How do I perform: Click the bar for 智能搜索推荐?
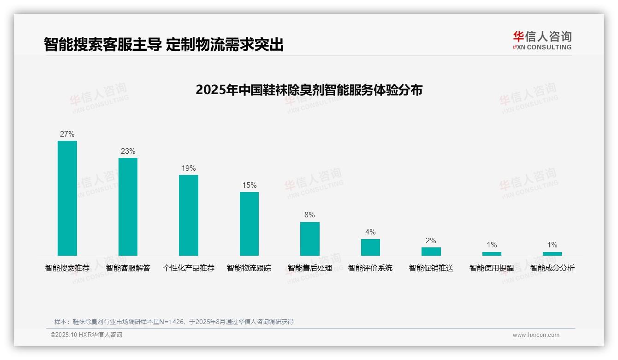click(67, 198)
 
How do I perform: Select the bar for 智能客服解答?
click(128, 207)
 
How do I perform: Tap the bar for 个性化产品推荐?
click(189, 215)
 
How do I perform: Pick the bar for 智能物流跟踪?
click(249, 224)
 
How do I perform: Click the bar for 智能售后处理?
click(309, 239)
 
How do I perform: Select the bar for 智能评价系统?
click(370, 247)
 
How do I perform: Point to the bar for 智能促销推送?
click(431, 252)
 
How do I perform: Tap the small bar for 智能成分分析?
click(552, 254)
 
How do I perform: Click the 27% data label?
click(67, 134)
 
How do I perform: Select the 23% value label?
click(128, 151)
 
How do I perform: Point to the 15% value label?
click(249, 186)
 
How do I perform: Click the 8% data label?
click(309, 215)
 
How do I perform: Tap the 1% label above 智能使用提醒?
click(492, 245)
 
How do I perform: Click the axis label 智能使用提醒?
click(492, 268)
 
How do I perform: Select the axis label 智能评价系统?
click(370, 268)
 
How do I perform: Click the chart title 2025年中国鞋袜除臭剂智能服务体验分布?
click(309, 90)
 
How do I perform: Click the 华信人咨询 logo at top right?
click(542, 40)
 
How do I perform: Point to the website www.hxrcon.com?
click(535, 335)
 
